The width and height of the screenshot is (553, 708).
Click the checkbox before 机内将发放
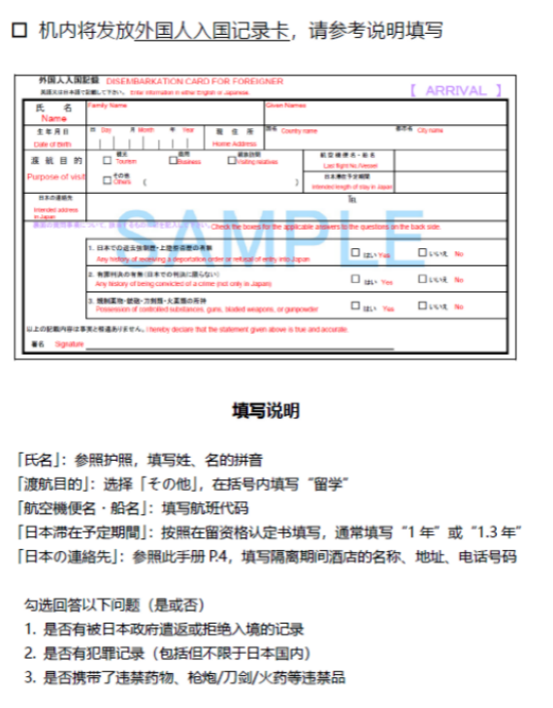pos(18,30)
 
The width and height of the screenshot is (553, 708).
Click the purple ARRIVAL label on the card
pos(456,90)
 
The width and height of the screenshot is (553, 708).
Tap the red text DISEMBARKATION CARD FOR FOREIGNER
pos(194,82)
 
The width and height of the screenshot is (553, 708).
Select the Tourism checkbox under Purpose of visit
pos(107,160)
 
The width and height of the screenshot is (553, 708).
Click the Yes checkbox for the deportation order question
pos(355,253)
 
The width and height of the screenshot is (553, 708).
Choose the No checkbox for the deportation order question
pos(422,253)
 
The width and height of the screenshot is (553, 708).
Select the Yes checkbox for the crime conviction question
pos(355,280)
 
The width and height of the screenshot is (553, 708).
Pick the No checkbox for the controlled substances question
pos(422,306)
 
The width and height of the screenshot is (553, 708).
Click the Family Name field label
pos(108,105)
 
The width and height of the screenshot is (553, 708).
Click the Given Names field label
pos(286,105)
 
